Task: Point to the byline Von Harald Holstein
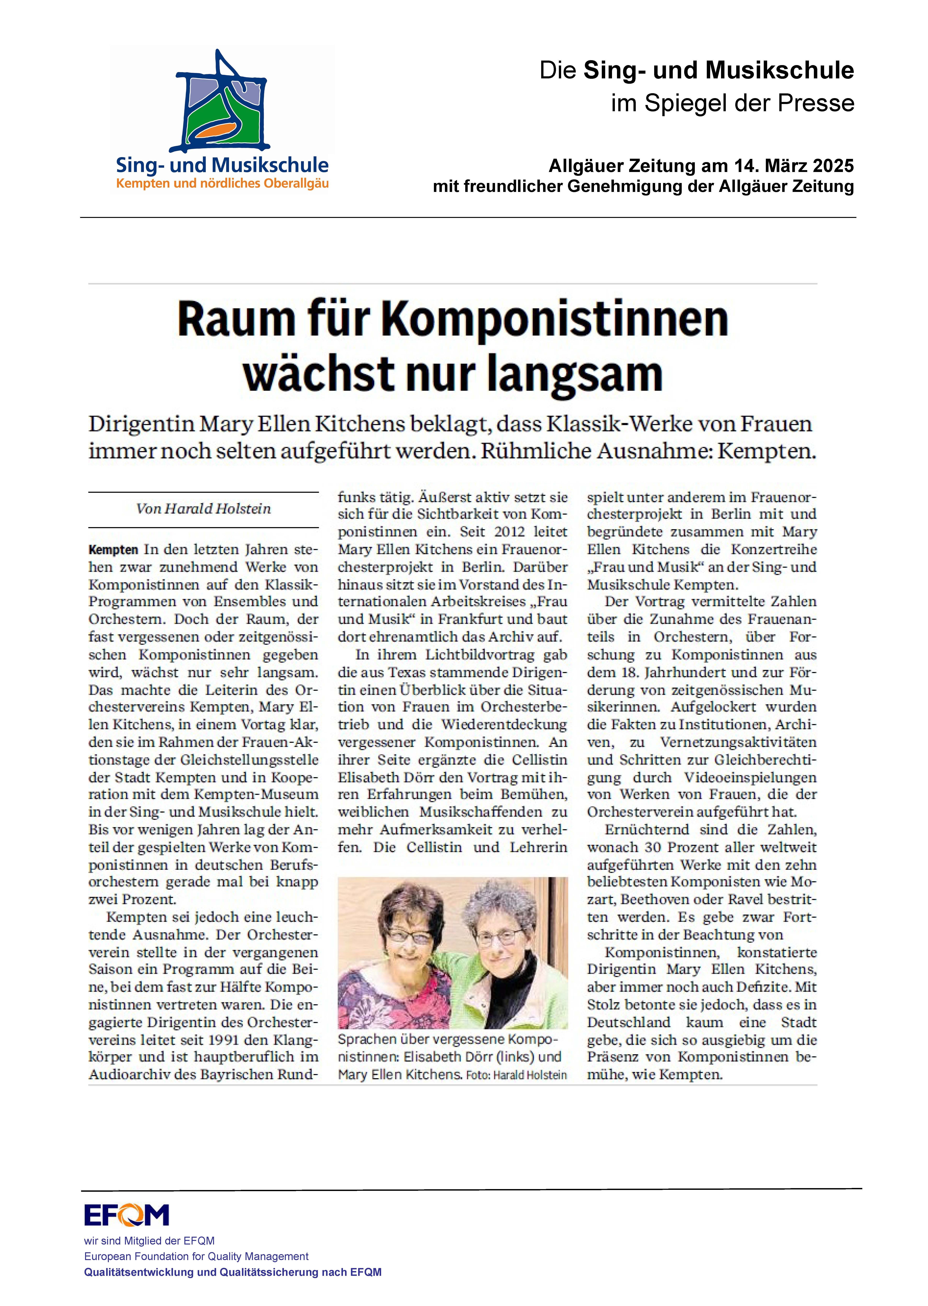(x=203, y=509)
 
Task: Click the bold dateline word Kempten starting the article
(x=113, y=550)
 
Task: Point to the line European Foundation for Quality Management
(x=196, y=1256)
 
